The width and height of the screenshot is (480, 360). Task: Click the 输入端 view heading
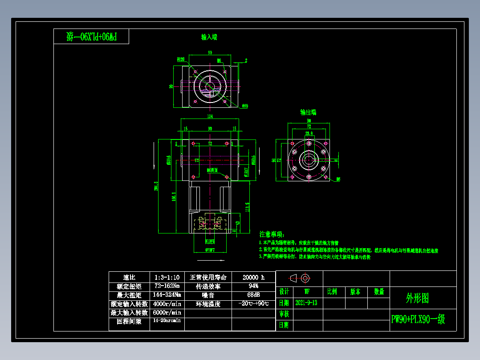click(209, 37)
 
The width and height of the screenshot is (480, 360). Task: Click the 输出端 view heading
click(308, 112)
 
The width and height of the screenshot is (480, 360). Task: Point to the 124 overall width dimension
click(210, 117)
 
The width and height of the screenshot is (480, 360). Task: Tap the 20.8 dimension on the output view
click(308, 133)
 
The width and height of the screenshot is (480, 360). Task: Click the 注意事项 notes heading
click(271, 234)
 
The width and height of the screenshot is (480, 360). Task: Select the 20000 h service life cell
click(253, 277)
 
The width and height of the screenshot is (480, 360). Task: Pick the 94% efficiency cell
click(253, 286)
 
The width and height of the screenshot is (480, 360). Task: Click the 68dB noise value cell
click(253, 295)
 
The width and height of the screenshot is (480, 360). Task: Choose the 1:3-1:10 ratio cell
click(167, 277)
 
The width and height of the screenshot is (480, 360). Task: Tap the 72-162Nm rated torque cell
click(167, 286)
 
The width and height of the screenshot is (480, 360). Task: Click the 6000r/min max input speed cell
click(167, 313)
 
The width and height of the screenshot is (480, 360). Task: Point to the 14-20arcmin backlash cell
click(167, 321)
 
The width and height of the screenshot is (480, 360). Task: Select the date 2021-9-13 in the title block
click(306, 303)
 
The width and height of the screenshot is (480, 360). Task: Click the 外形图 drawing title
click(418, 299)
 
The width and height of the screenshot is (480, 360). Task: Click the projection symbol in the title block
click(300, 278)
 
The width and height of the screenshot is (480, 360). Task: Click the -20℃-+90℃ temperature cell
click(253, 304)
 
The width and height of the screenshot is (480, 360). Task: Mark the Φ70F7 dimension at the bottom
click(211, 250)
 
